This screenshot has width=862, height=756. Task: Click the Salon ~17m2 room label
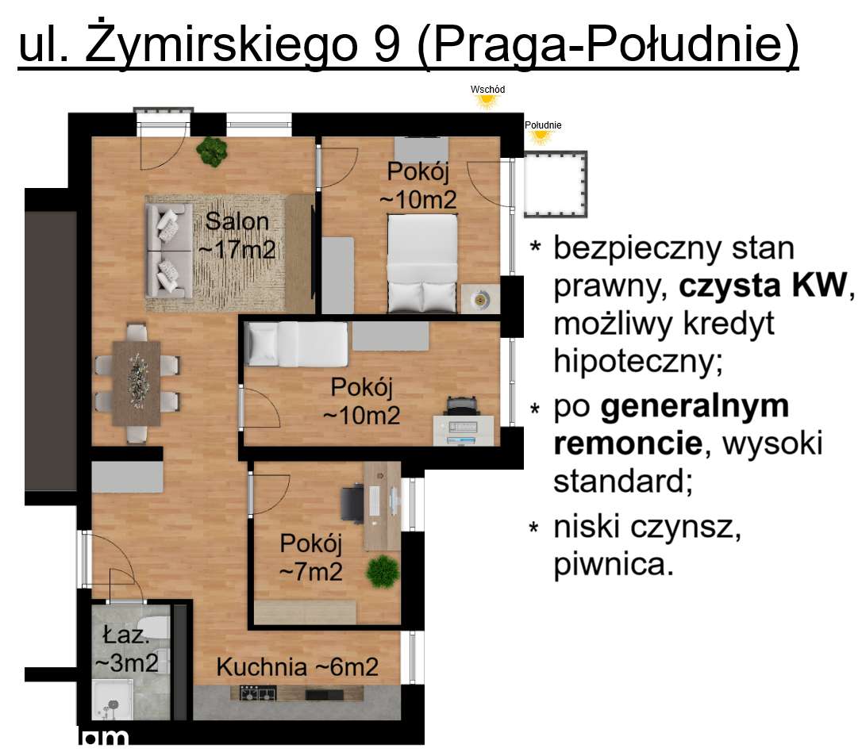237,236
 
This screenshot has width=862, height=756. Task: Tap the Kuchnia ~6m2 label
298,668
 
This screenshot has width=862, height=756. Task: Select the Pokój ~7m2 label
311,557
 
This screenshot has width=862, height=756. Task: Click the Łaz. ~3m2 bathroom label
125,650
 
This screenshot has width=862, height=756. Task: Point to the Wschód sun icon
487,101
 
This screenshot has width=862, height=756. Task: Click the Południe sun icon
541,136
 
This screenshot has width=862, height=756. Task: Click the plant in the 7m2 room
383,570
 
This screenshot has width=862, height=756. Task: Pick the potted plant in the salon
212,152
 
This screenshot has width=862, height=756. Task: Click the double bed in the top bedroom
422,263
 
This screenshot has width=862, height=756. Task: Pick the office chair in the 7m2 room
352,502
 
